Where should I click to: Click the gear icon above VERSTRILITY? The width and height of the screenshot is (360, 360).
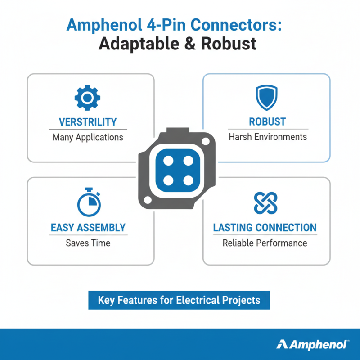point(87,97)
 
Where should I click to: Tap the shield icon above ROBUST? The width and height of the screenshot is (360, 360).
point(267,97)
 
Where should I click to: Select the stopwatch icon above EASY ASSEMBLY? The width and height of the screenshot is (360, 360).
point(89,204)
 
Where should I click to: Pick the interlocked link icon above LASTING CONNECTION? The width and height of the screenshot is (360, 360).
point(265,203)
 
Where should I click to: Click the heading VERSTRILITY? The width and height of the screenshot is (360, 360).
point(88,122)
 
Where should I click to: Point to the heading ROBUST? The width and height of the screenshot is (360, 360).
point(267,122)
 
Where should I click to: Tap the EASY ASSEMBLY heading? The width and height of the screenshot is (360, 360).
point(88,228)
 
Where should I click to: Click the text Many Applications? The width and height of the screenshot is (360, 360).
point(88,137)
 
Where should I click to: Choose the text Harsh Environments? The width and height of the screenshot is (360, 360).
point(268,137)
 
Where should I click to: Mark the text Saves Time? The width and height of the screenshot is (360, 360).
point(88,243)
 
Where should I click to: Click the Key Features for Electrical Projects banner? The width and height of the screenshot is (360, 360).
point(179,300)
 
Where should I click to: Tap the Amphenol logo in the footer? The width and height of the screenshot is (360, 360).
point(312,344)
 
